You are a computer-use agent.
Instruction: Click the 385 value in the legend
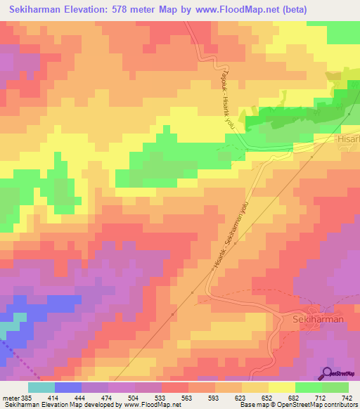click(x=27, y=398)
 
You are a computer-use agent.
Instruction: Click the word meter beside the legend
click(x=10, y=398)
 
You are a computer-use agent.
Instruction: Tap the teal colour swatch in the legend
click(x=41, y=387)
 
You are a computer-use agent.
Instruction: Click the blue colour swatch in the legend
click(x=67, y=387)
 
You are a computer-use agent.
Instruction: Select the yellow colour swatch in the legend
click(x=282, y=387)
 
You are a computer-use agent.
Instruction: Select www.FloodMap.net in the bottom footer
click(x=150, y=405)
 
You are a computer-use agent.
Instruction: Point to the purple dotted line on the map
click(x=17, y=355)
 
